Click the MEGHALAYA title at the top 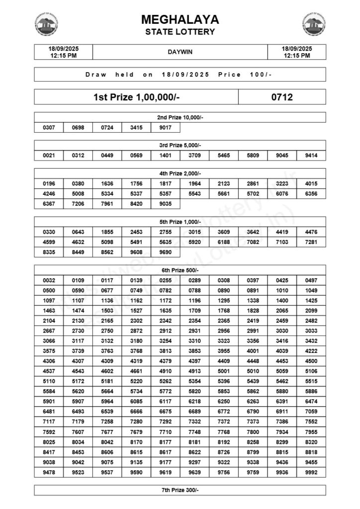click(180, 19)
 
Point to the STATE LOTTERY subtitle click(180, 32)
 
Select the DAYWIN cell click(180, 52)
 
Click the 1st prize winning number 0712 click(282, 97)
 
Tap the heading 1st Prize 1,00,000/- click(136, 97)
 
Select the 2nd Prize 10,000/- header click(180, 117)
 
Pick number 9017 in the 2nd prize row click(166, 128)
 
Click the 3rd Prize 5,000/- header click(180, 145)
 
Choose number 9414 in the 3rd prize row click(311, 156)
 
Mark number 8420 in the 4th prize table click(136, 203)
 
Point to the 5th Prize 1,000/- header click(180, 222)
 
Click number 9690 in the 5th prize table click(166, 252)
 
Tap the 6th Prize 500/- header click(180, 270)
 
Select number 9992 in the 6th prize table click(311, 473)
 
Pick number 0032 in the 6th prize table click(49, 280)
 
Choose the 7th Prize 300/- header click(180, 490)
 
